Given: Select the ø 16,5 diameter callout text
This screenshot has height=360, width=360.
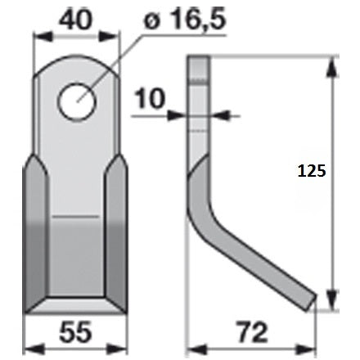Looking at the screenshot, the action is click(185, 19).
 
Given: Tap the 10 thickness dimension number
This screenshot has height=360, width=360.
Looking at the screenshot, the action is click(150, 98).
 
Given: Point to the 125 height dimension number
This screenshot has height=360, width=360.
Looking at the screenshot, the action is click(312, 171).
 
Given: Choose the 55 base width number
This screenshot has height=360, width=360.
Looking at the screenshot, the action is click(75, 331).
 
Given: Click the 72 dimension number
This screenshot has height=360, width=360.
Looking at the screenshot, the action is click(252, 332).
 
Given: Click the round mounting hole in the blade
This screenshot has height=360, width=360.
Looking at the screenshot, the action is click(77, 101).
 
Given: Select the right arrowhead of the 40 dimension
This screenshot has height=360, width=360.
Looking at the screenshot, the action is click(110, 37).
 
